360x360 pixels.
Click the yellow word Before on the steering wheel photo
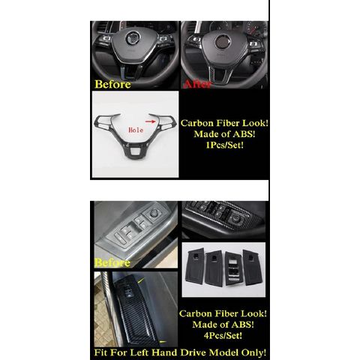pyautogui.click(x=112, y=84)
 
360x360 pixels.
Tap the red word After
pyautogui.click(x=197, y=84)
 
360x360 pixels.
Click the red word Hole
pyautogui.click(x=136, y=130)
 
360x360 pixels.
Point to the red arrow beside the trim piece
pyautogui.click(x=151, y=121)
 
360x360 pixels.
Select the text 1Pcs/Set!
pyautogui.click(x=224, y=145)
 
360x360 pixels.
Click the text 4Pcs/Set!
pyautogui.click(x=223, y=335)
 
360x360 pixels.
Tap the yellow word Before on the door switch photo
pyautogui.click(x=112, y=262)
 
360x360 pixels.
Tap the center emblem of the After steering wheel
pyautogui.click(x=222, y=40)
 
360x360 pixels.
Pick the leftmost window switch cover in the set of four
pyautogui.click(x=196, y=265)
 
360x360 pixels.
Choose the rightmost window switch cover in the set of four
pyautogui.click(x=253, y=267)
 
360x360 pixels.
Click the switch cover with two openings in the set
pyautogui.click(x=234, y=268)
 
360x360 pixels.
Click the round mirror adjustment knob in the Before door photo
pyautogui.click(x=152, y=214)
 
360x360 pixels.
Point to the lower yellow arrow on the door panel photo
pyautogui.click(x=163, y=342)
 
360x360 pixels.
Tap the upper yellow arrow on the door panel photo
pyautogui.click(x=141, y=281)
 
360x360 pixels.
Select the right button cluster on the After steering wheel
pyautogui.click(x=255, y=45)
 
